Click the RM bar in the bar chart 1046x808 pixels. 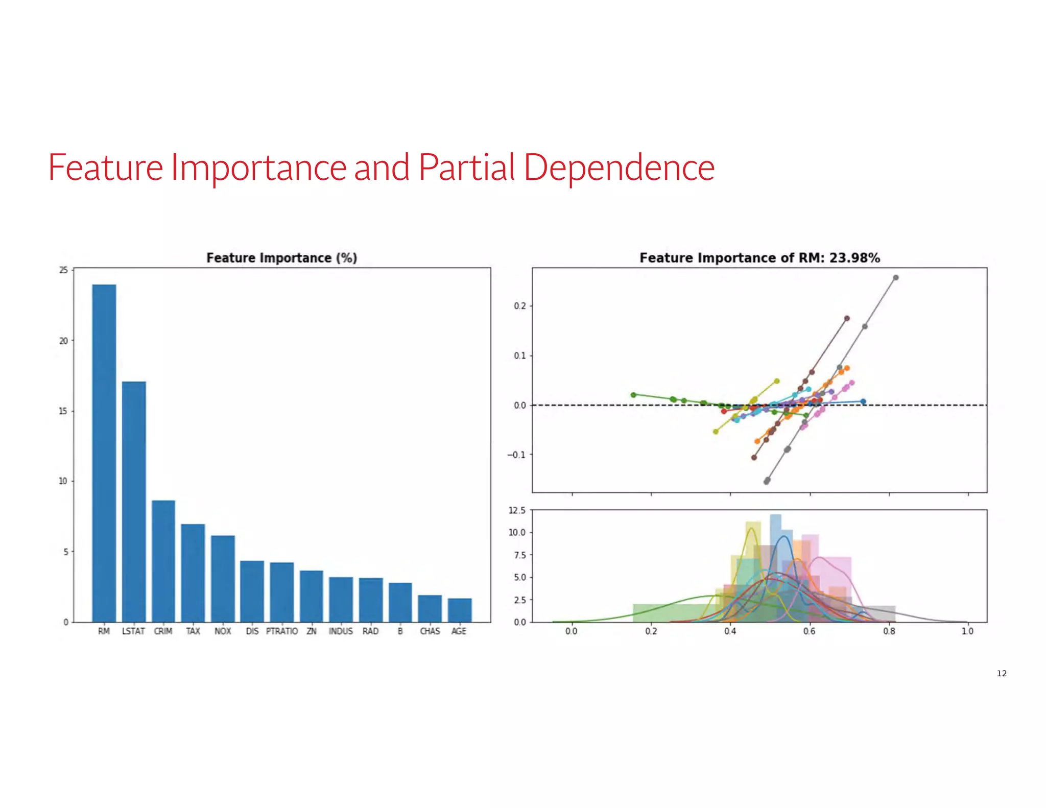coord(104,453)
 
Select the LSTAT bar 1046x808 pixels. coord(134,502)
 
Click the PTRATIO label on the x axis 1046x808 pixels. coord(281,631)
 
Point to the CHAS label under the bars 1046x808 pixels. coord(430,631)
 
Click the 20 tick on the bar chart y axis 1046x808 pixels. coord(63,341)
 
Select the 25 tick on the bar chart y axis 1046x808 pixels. coord(63,270)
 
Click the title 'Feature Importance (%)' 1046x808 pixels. coord(281,258)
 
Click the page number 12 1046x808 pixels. coord(1002,673)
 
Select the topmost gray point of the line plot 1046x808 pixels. coord(896,278)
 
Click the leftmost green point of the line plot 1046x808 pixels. coord(633,395)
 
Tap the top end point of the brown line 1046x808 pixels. coord(847,318)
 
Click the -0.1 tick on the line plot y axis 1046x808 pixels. coord(516,455)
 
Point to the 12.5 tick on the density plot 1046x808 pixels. coord(517,510)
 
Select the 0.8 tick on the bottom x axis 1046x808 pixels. coord(889,631)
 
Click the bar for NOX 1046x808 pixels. coord(223,578)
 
